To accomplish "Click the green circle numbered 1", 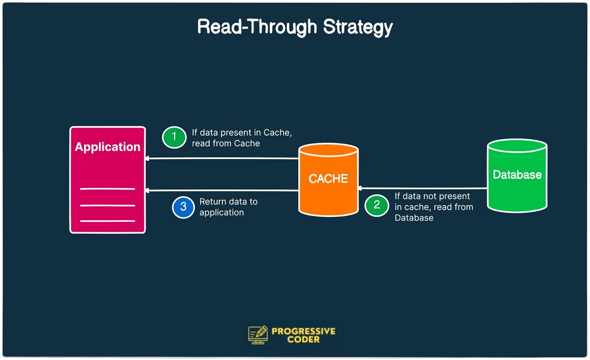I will [174, 137].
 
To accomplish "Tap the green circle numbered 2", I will [377, 205].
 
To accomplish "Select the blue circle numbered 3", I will [183, 206].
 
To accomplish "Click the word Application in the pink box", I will [107, 147].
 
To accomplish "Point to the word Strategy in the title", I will [358, 27].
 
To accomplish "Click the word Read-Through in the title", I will [258, 27].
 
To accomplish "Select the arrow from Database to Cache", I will [422, 188].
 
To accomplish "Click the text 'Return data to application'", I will [228, 207].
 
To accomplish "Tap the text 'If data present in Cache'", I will [242, 132].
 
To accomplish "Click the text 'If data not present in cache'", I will [432, 201].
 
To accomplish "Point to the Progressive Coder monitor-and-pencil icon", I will [258, 335].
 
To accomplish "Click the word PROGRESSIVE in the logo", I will [303, 331].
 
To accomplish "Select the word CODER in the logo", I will [303, 339].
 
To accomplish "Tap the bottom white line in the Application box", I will [107, 221].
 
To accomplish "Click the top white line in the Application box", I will [107, 189].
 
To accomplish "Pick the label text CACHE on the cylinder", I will [328, 179].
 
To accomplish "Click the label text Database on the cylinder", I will [517, 174].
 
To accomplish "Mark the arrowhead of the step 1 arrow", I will [147, 159].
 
